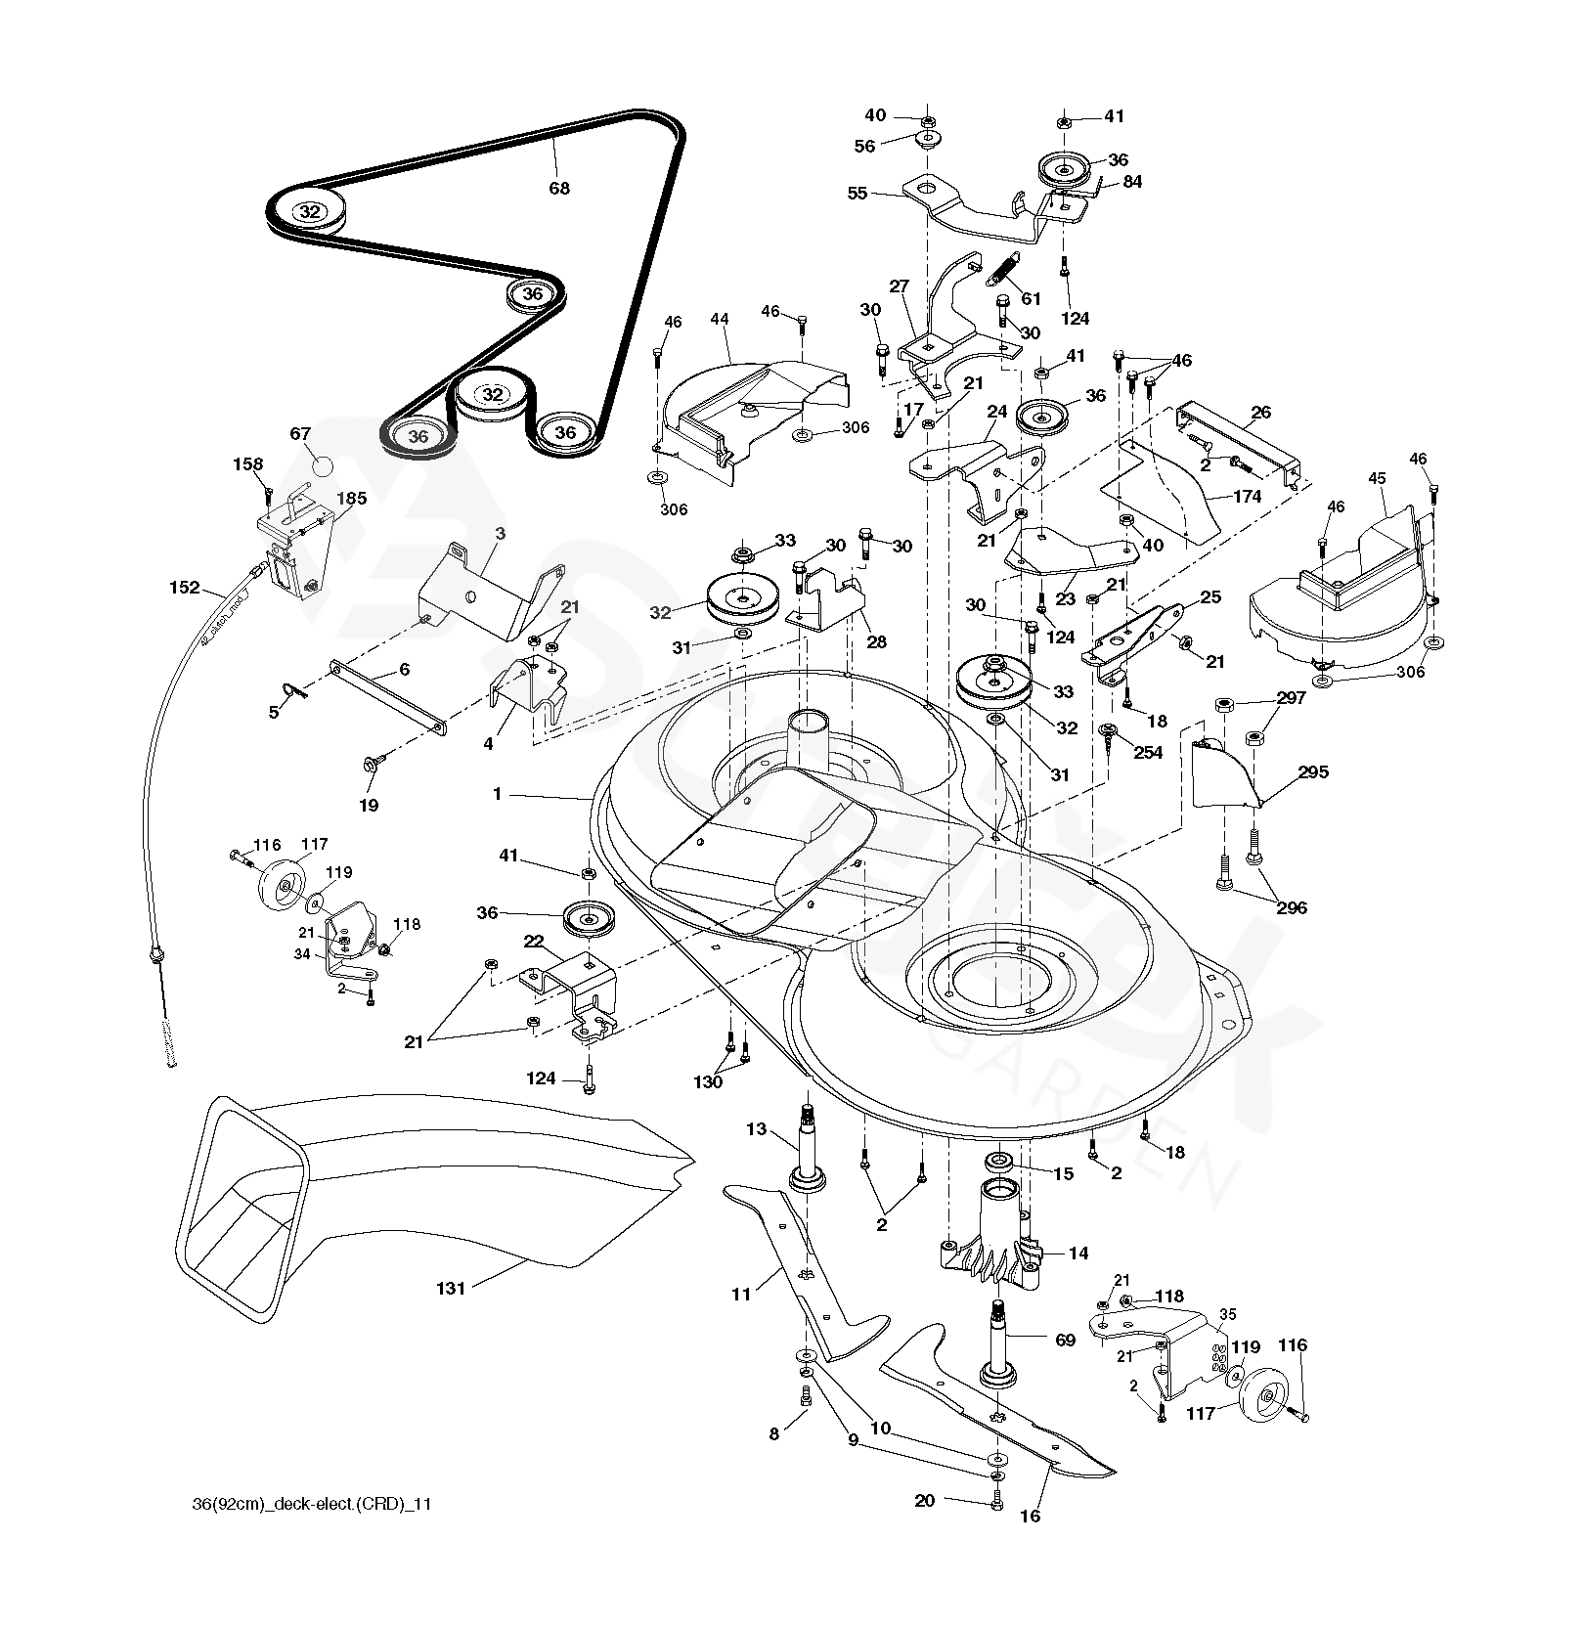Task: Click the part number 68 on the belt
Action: coord(558,188)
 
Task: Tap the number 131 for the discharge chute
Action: coord(451,1289)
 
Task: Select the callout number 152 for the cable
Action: coord(184,588)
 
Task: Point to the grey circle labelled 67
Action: coord(323,465)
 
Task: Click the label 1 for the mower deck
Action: coord(497,795)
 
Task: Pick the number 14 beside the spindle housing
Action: coord(1077,1254)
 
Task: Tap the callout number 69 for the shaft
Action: coord(1065,1341)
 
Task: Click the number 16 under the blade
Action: coord(1030,1516)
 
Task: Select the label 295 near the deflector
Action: coord(1313,772)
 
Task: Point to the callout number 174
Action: coord(1247,497)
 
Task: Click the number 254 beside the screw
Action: coord(1148,753)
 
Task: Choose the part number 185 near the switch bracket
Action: coord(351,499)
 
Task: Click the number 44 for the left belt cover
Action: coord(720,320)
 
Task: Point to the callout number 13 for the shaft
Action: coord(756,1130)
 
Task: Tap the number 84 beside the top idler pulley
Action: coord(1132,182)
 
